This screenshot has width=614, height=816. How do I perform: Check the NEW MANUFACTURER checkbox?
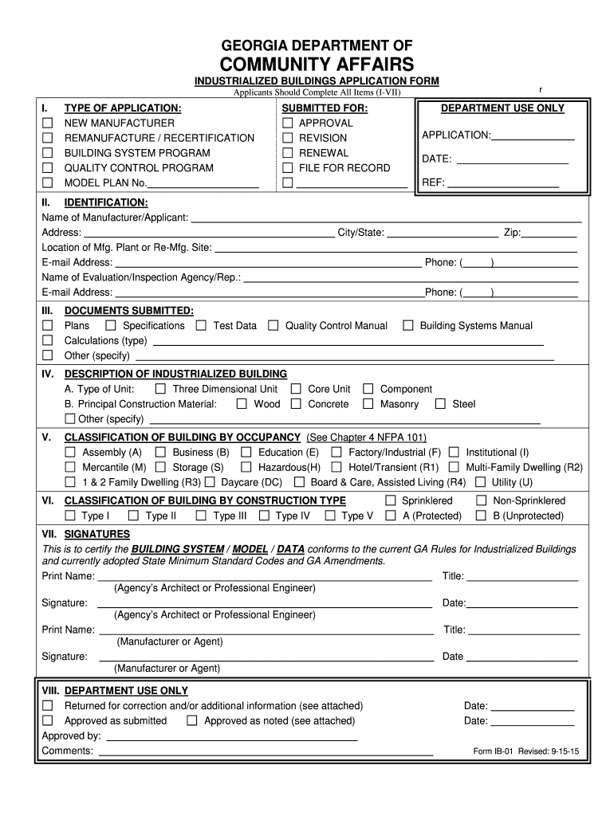tap(47, 124)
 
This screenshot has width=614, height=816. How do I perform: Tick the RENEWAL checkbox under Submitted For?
tap(288, 153)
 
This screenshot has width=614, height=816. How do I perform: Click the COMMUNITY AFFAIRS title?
tap(317, 64)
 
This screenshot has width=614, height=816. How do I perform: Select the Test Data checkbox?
tap(201, 325)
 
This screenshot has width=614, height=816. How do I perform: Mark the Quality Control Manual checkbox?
tap(273, 325)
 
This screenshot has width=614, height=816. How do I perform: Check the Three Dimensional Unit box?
tap(160, 389)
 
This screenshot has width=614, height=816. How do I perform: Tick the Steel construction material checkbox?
tap(440, 404)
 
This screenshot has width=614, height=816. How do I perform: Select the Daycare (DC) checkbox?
tap(209, 482)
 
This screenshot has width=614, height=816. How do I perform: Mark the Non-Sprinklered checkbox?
tap(481, 501)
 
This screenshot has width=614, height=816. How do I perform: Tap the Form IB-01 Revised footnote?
tap(525, 751)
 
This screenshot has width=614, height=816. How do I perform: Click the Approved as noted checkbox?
tap(191, 721)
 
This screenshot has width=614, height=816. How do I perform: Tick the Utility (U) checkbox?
tap(480, 482)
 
